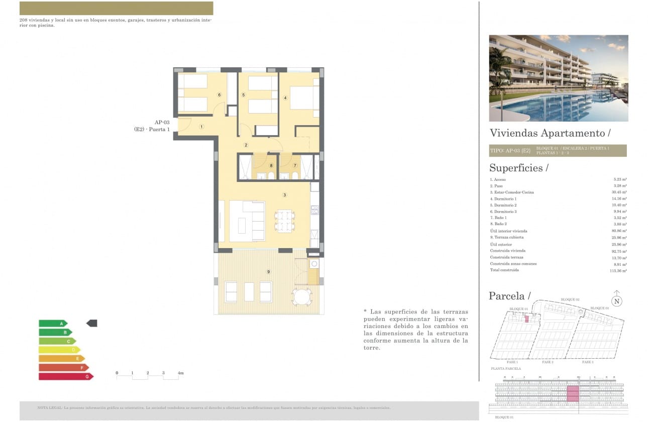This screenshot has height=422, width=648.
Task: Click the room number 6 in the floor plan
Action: (x=219, y=94)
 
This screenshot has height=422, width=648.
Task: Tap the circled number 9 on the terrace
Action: (x=269, y=272)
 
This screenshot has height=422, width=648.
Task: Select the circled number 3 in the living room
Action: (x=285, y=195)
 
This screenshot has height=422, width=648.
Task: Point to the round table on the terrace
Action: (x=302, y=296)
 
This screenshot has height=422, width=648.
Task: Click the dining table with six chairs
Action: (x=284, y=221)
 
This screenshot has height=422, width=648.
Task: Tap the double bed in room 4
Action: (x=303, y=97)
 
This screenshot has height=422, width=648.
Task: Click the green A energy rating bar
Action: (x=53, y=324)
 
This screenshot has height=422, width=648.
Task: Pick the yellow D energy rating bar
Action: (x=59, y=350)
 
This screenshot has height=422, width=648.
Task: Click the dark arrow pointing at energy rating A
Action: (x=92, y=323)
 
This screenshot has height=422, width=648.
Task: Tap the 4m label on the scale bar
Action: (x=181, y=373)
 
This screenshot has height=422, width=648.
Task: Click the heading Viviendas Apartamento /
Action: (x=550, y=133)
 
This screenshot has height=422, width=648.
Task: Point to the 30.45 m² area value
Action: (x=619, y=192)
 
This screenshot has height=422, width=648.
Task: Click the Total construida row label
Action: (x=504, y=270)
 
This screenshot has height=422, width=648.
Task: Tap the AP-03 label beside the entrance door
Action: (x=162, y=122)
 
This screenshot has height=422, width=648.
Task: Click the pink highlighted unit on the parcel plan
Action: (x=526, y=319)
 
